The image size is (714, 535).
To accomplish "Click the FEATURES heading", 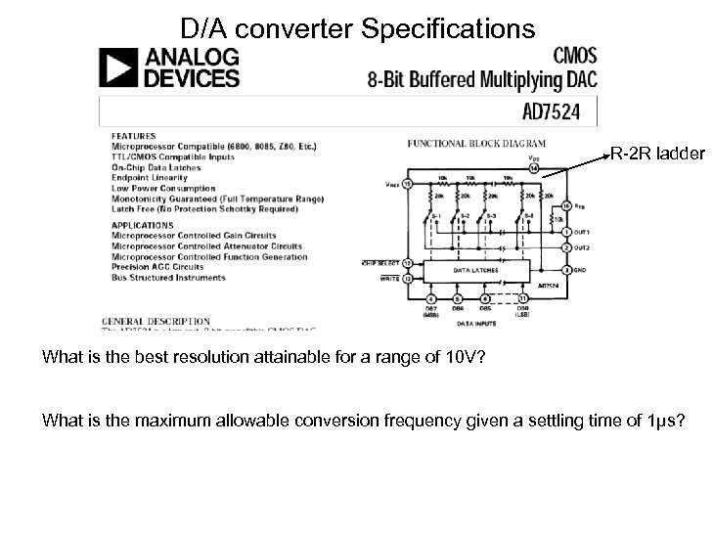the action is point(133,135).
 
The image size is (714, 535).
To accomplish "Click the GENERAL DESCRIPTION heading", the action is point(156,320).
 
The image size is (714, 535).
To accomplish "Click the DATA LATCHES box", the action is point(474,269).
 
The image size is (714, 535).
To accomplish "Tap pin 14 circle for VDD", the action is point(533,169).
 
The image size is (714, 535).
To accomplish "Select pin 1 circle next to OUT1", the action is point(566,231).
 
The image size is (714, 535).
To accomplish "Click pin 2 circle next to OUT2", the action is point(566,247).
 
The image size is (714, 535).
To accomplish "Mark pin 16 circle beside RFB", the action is point(565,206).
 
